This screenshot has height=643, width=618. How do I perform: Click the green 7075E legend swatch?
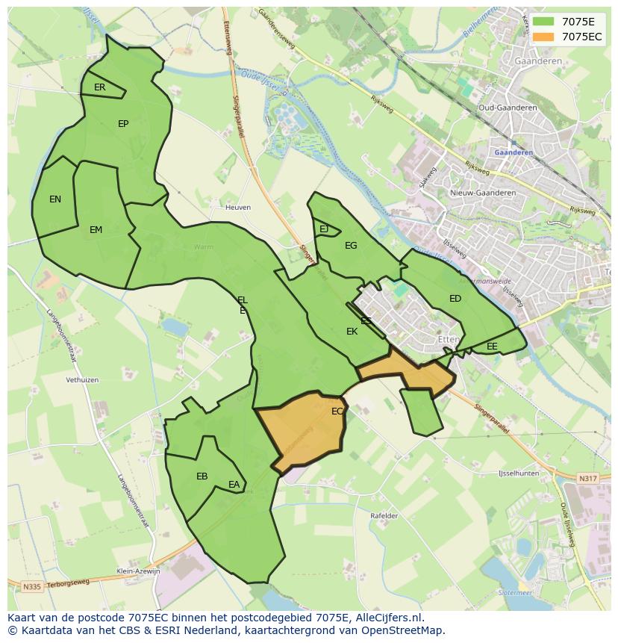544,22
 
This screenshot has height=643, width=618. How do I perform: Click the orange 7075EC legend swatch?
544,37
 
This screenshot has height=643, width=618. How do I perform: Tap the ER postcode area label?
100,87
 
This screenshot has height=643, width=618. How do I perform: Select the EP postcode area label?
123,124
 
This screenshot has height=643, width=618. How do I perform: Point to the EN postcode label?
55,199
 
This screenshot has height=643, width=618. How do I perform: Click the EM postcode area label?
96,230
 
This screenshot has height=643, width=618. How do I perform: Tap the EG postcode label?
351,246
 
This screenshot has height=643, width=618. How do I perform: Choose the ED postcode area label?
455,299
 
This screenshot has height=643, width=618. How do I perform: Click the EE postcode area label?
492,347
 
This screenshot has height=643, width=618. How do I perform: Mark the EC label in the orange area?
337,411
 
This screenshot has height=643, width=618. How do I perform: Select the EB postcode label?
202,476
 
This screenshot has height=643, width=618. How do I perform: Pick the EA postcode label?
234,485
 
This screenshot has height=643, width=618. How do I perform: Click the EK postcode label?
352,332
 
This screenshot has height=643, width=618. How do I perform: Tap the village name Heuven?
238,208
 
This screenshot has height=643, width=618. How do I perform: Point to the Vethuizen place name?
82,380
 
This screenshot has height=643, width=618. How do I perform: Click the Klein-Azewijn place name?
139,571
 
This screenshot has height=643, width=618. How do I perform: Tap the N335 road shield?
31,587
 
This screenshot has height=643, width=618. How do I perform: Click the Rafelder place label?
384,516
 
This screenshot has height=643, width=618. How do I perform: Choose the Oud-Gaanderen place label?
508,108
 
